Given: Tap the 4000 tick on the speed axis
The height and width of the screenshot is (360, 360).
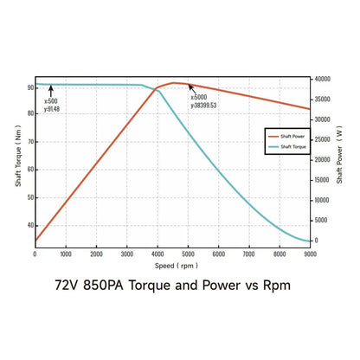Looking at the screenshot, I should [x=157, y=254].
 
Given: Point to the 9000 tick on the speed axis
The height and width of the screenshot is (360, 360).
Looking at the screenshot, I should [x=310, y=254].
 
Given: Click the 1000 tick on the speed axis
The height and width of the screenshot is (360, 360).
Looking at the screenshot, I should [x=66, y=254].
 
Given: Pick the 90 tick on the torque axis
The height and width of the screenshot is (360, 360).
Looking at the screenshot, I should [x=30, y=87].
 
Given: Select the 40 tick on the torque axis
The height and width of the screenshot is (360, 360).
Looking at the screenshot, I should [x=30, y=226].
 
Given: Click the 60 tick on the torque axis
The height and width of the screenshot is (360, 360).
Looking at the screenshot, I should [x=30, y=170].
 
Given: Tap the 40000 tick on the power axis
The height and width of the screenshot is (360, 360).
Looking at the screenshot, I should [x=323, y=80].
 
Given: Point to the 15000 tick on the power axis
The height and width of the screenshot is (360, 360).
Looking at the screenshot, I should [x=323, y=180].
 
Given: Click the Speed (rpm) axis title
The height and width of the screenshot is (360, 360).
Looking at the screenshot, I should [x=172, y=265].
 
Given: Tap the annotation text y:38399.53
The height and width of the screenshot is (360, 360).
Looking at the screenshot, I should [x=203, y=106].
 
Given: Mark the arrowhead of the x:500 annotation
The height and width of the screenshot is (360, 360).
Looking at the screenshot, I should [x=50, y=87].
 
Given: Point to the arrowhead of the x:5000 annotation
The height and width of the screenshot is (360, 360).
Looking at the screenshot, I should [x=190, y=86].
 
